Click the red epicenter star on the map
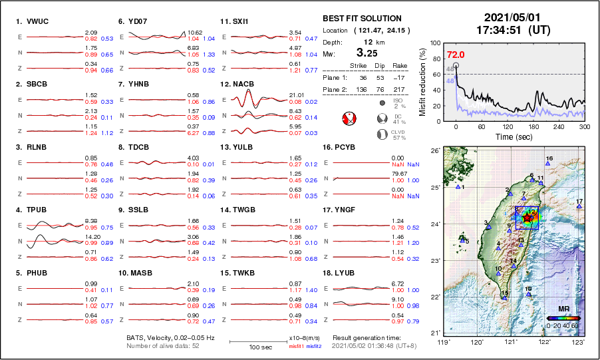[x=527, y=217]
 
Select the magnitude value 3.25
[x=370, y=52]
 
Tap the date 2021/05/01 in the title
[x=508, y=17]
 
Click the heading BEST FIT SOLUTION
[x=362, y=18]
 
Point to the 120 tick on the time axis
[x=508, y=126]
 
